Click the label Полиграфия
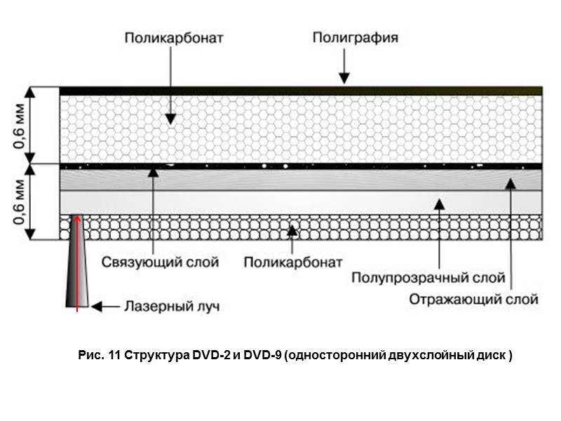point(355,38)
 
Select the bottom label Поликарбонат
point(293,262)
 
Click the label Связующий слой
point(161,262)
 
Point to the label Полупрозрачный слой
point(428,279)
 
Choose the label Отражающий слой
point(474,300)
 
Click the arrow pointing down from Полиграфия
point(344,70)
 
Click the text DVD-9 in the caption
point(262,356)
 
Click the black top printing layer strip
point(302,91)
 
